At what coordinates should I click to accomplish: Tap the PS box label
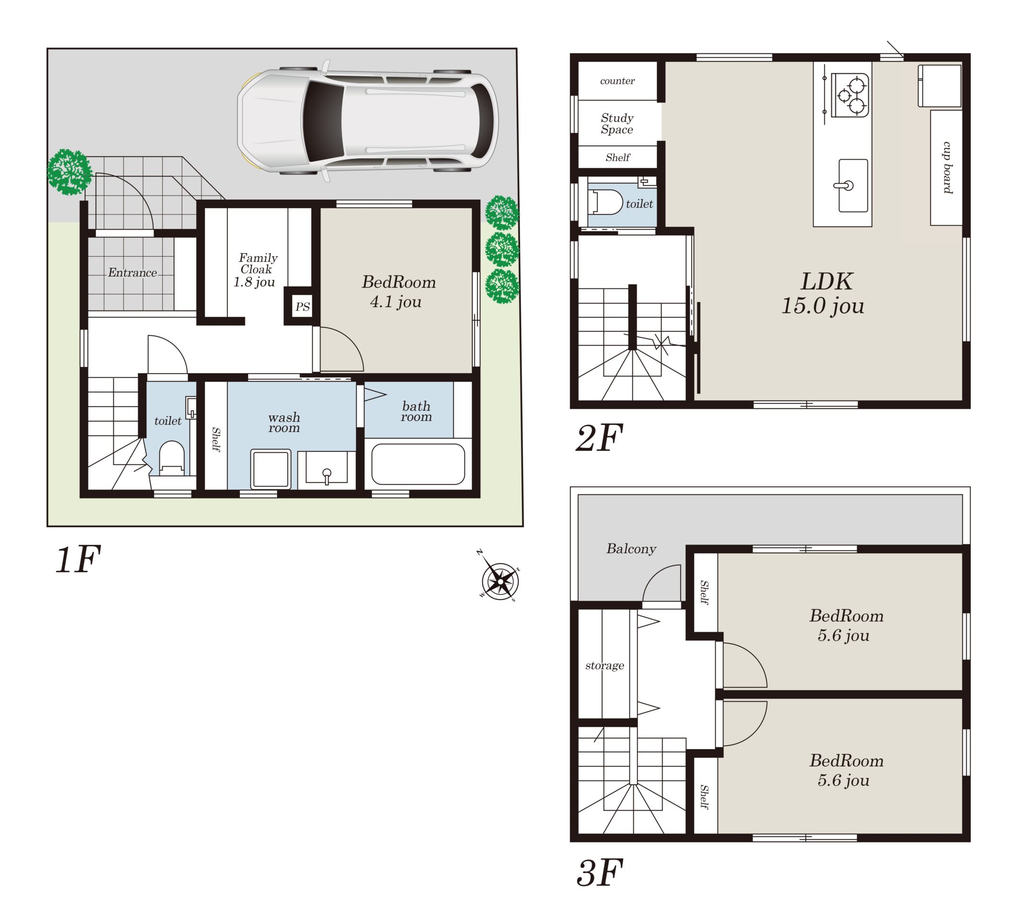[302, 307]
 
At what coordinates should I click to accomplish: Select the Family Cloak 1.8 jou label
[255, 270]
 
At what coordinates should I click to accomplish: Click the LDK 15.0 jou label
[823, 293]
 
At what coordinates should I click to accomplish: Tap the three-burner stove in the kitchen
[849, 95]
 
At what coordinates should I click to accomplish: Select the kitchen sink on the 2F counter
[853, 186]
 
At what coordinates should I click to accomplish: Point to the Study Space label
[617, 124]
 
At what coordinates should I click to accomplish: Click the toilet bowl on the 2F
[606, 202]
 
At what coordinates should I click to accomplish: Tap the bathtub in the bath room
[418, 464]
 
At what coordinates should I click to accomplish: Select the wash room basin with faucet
[326, 467]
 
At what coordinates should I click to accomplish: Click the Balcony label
[631, 549]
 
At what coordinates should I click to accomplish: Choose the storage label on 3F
[605, 665]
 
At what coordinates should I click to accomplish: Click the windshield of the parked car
[323, 121]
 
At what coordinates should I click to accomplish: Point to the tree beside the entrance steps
[69, 172]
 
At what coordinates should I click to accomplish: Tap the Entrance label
[132, 272]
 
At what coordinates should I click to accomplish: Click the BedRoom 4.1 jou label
[398, 292]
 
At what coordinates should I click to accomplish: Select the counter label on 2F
[617, 81]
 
